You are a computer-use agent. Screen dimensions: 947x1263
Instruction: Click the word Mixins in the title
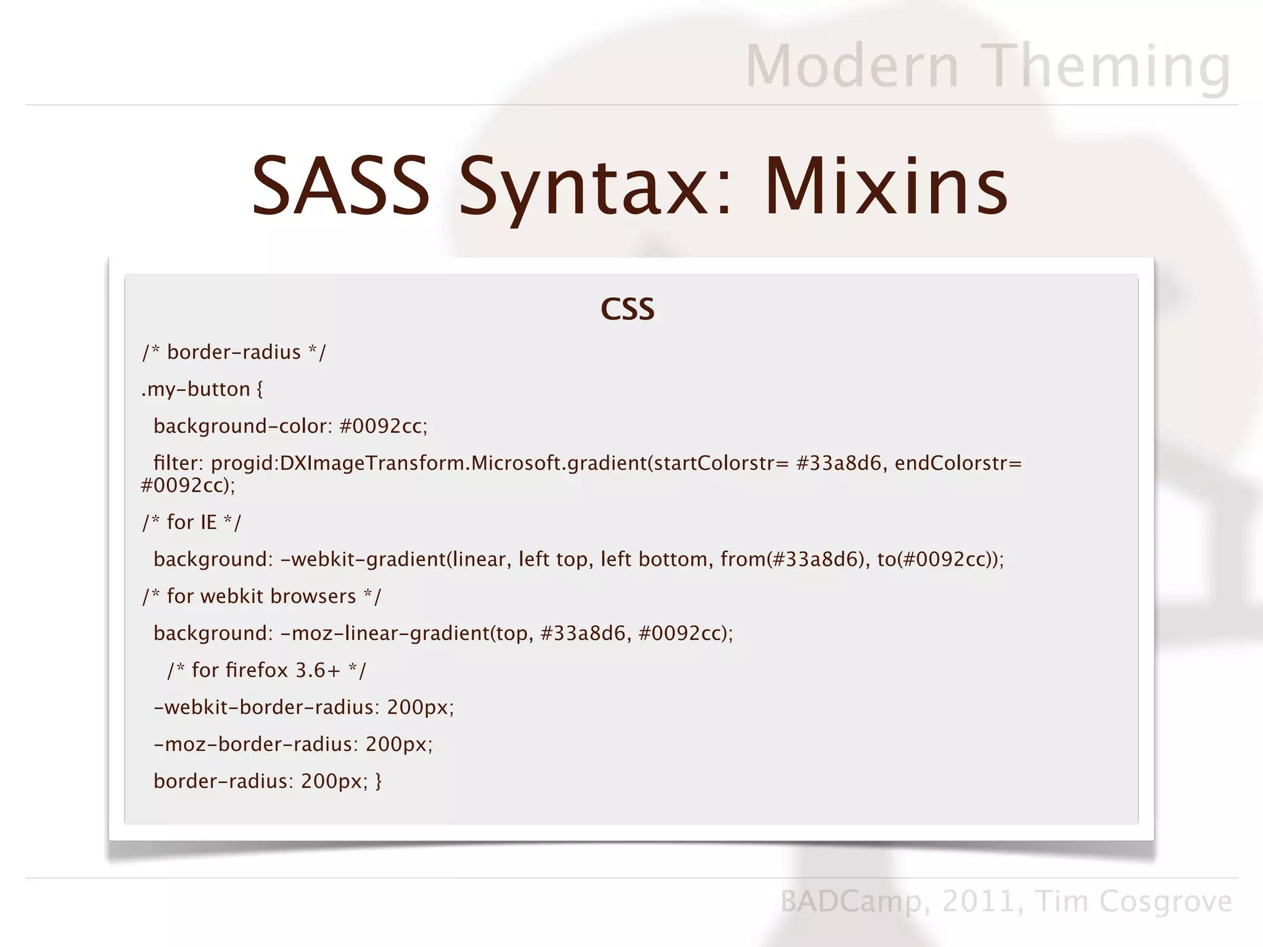(x=886, y=186)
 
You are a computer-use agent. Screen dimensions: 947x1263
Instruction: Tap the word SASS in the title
(x=340, y=186)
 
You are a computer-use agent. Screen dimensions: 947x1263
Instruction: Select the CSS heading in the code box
(x=627, y=309)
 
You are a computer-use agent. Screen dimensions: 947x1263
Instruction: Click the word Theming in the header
(x=1107, y=66)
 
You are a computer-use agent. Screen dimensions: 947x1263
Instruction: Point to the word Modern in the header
(x=852, y=66)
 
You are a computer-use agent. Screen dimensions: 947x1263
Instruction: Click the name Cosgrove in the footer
(x=1166, y=901)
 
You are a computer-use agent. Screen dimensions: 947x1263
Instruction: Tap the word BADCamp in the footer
(x=851, y=902)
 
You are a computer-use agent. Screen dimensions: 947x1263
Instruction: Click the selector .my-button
(x=195, y=389)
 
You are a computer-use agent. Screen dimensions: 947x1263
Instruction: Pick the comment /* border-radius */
(x=234, y=352)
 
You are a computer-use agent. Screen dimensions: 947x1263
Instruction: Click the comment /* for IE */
(x=192, y=522)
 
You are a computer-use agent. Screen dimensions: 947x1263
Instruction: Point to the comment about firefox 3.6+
(x=266, y=670)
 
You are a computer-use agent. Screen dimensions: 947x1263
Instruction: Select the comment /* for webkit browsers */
(x=261, y=596)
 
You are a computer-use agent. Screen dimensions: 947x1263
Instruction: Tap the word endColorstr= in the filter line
(x=958, y=463)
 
